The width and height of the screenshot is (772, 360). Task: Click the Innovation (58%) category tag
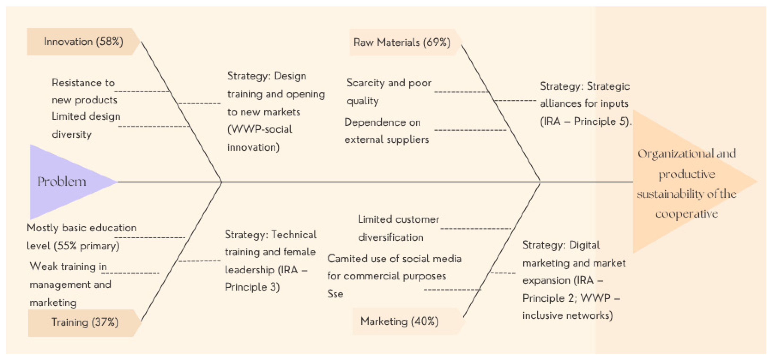(x=83, y=42)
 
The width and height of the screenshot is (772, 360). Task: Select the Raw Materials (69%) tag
(x=401, y=42)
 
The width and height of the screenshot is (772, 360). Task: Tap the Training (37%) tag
(x=85, y=322)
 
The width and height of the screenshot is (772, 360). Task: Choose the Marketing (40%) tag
(x=399, y=321)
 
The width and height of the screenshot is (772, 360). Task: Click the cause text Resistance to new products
(x=84, y=91)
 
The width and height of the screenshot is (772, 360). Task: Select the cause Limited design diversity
(x=86, y=125)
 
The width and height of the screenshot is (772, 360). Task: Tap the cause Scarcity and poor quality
(x=389, y=91)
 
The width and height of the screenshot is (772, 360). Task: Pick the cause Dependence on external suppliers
(x=386, y=131)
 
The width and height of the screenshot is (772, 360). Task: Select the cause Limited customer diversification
(x=398, y=228)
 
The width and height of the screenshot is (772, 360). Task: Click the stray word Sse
(x=335, y=294)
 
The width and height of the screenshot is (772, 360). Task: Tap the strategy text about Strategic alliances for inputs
(x=585, y=104)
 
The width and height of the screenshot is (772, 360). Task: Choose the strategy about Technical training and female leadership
(x=270, y=261)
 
